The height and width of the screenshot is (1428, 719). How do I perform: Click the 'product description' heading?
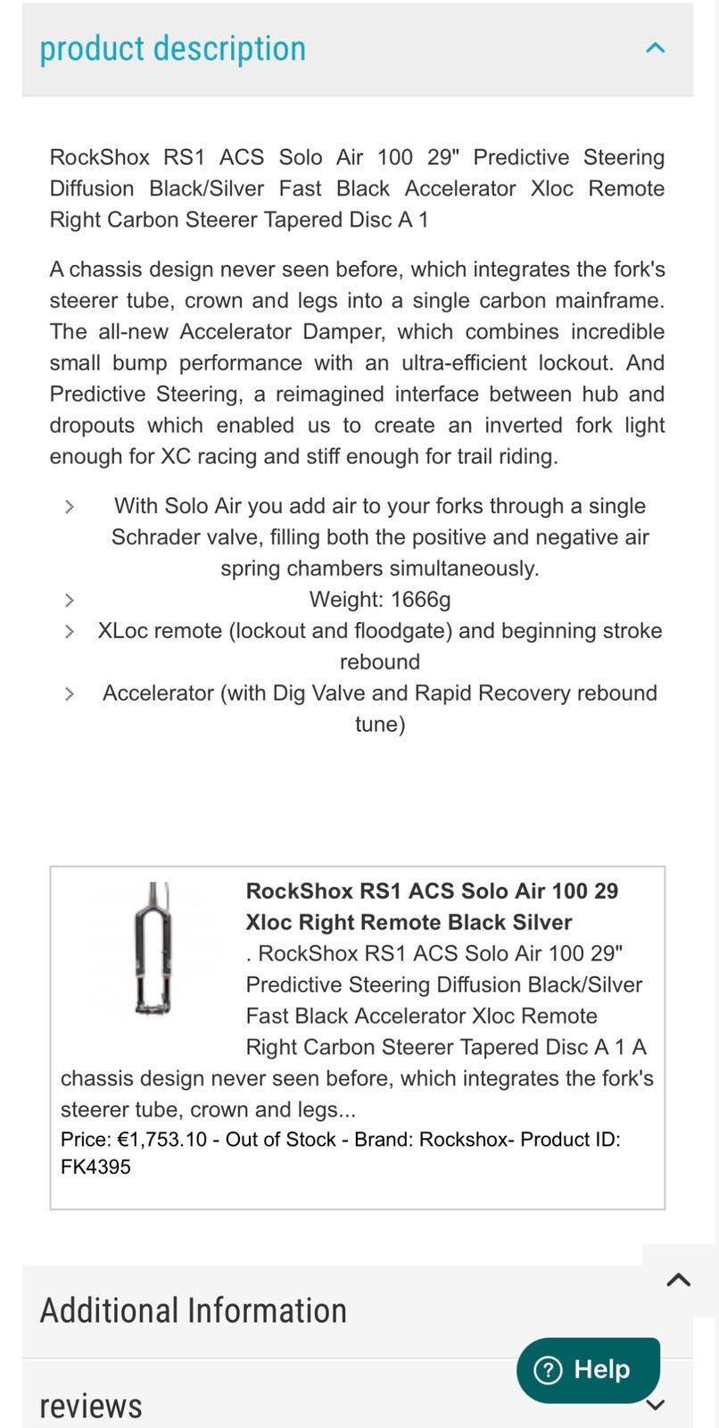pyautogui.click(x=172, y=48)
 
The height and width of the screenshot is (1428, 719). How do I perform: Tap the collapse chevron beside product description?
pyautogui.click(x=655, y=48)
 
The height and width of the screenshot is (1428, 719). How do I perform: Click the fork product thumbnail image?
pyautogui.click(x=153, y=948)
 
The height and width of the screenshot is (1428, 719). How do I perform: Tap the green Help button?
pyautogui.click(x=588, y=1369)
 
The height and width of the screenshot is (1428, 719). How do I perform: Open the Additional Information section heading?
pyautogui.click(x=194, y=1310)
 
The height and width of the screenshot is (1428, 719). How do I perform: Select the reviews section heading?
pyautogui.click(x=91, y=1406)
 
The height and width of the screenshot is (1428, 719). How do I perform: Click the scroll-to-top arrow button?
pyautogui.click(x=678, y=1280)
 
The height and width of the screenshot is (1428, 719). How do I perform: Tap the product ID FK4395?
pyautogui.click(x=95, y=1166)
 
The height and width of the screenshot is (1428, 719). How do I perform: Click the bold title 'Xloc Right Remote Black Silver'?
pyautogui.click(x=409, y=922)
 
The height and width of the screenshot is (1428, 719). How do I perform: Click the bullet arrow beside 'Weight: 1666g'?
pyautogui.click(x=70, y=600)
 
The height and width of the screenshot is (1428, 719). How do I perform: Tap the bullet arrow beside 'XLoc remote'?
pyautogui.click(x=70, y=631)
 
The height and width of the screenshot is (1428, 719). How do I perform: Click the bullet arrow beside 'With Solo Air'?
pyautogui.click(x=70, y=506)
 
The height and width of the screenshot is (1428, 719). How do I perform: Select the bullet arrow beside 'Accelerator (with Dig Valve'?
pyautogui.click(x=70, y=693)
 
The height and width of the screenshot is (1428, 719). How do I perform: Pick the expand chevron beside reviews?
pyautogui.click(x=655, y=1406)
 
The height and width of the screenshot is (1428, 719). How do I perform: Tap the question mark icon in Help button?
pyautogui.click(x=547, y=1369)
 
